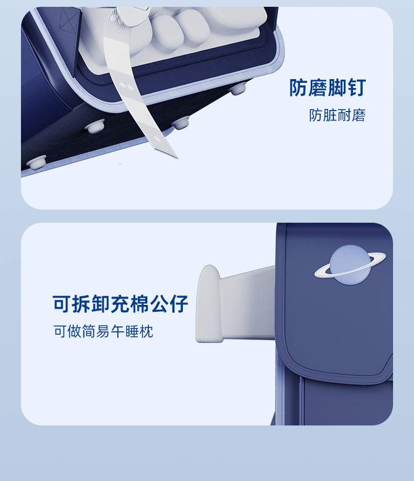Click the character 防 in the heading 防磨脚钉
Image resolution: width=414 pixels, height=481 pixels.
tap(299, 88)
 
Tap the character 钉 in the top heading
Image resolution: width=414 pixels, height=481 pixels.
tap(356, 88)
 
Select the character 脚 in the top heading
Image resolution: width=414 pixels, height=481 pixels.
tap(337, 88)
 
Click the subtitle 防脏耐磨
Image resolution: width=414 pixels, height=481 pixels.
tap(337, 115)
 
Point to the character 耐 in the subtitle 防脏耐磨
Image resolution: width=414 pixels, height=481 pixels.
tap(344, 115)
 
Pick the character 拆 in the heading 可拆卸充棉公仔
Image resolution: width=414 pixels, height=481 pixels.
tap(81, 304)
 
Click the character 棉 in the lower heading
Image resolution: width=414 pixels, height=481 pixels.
tap(139, 304)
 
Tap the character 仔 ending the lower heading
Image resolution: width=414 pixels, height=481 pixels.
tap(179, 304)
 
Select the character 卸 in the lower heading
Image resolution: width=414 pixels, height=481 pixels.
tap(101, 304)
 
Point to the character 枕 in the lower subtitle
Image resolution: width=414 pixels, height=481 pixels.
tap(146, 331)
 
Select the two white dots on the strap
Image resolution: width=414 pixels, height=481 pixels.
tap(126, 85)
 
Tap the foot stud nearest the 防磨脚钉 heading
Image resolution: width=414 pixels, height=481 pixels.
tap(238, 89)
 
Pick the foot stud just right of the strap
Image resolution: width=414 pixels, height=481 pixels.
tap(180, 123)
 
